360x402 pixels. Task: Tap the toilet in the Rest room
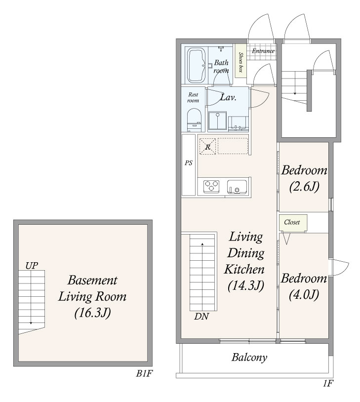click(194, 121)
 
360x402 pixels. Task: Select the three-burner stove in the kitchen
click(211, 186)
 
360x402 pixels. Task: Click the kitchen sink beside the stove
click(237, 186)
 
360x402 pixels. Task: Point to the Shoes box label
click(240, 62)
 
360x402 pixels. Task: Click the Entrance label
click(263, 51)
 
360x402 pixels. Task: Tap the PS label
click(189, 163)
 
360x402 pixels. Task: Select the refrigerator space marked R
click(208, 146)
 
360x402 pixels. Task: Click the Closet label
click(292, 222)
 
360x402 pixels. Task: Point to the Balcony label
click(249, 357)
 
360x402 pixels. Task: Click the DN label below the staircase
click(201, 317)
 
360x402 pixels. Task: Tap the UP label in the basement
click(32, 266)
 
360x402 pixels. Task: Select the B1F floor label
click(144, 374)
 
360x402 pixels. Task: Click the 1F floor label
click(328, 384)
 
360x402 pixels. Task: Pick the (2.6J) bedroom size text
click(304, 187)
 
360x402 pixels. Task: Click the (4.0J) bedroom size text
click(304, 294)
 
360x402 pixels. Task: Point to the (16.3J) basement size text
click(92, 313)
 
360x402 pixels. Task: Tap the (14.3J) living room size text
click(245, 285)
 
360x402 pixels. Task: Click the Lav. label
click(228, 97)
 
